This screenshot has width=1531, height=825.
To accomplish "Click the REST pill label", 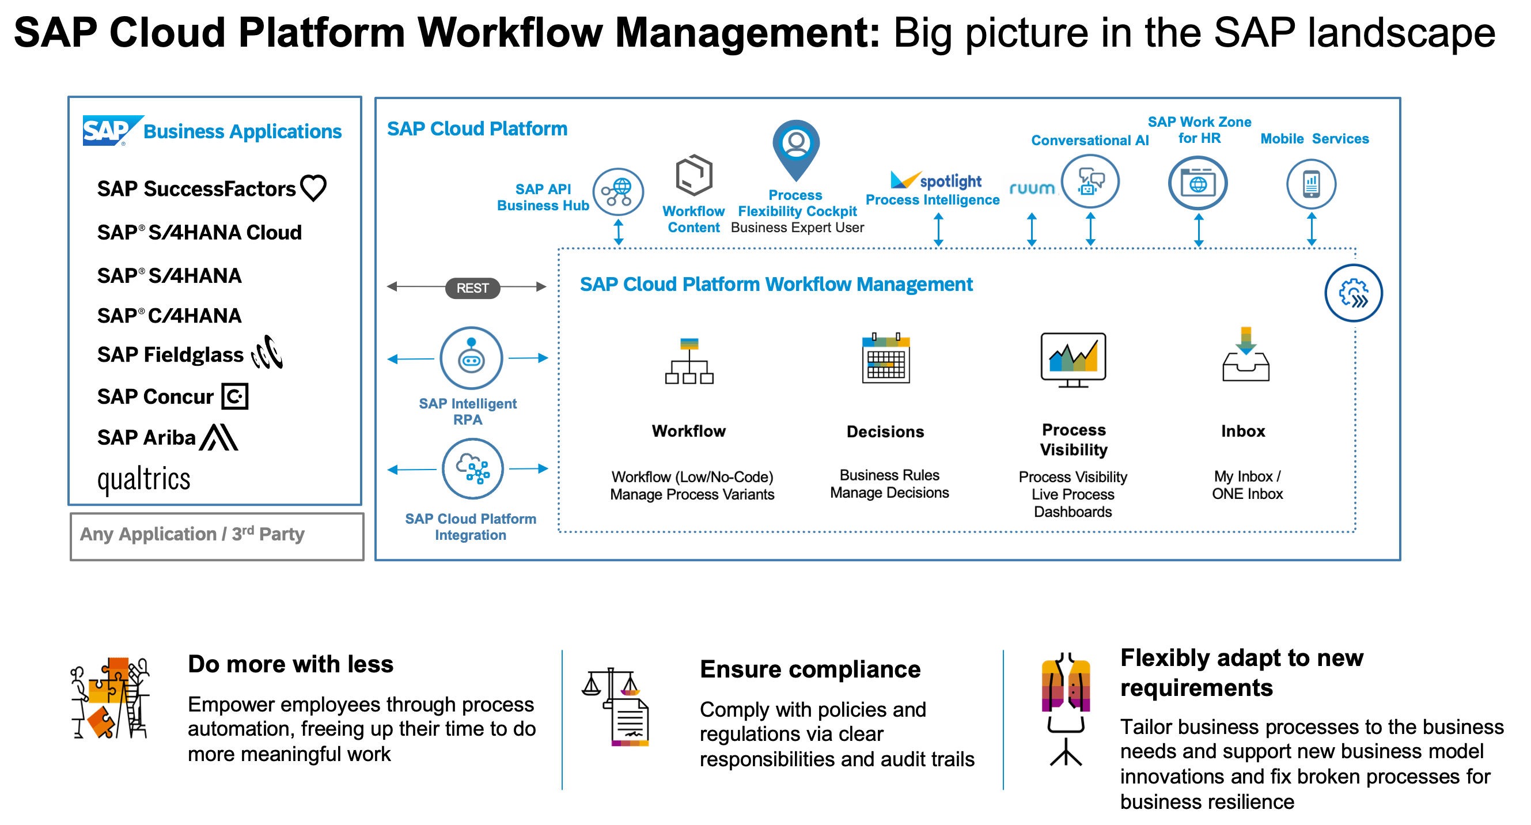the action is [472, 288].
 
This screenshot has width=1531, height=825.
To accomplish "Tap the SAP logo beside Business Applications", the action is [112, 130].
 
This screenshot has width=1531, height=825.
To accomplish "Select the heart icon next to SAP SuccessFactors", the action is [313, 188].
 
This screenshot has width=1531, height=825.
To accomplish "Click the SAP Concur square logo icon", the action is [235, 396].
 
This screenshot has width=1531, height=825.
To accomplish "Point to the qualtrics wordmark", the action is [144, 480].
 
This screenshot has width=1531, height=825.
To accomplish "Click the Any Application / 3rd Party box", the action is [217, 537].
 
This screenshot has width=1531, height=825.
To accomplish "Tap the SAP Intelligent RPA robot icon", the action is [471, 358].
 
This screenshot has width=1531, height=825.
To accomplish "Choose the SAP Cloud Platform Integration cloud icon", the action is [472, 469].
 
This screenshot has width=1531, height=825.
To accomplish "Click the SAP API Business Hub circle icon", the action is [618, 192].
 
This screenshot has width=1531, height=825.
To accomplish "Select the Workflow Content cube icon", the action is [694, 175].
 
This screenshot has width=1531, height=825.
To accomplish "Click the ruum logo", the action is [1032, 189].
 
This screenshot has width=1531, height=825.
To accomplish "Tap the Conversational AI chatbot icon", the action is [1090, 181].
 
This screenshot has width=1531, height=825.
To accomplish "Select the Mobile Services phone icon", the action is [1311, 184].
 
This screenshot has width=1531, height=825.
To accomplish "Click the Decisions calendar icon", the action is [885, 358].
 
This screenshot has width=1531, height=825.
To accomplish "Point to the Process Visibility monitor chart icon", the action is [1073, 360].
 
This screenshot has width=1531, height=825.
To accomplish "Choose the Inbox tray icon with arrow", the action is [1246, 354].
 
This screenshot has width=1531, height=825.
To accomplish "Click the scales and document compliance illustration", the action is [616, 707].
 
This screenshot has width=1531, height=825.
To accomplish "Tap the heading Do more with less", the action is [291, 664].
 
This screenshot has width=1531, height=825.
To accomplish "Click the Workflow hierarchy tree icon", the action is [689, 361].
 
